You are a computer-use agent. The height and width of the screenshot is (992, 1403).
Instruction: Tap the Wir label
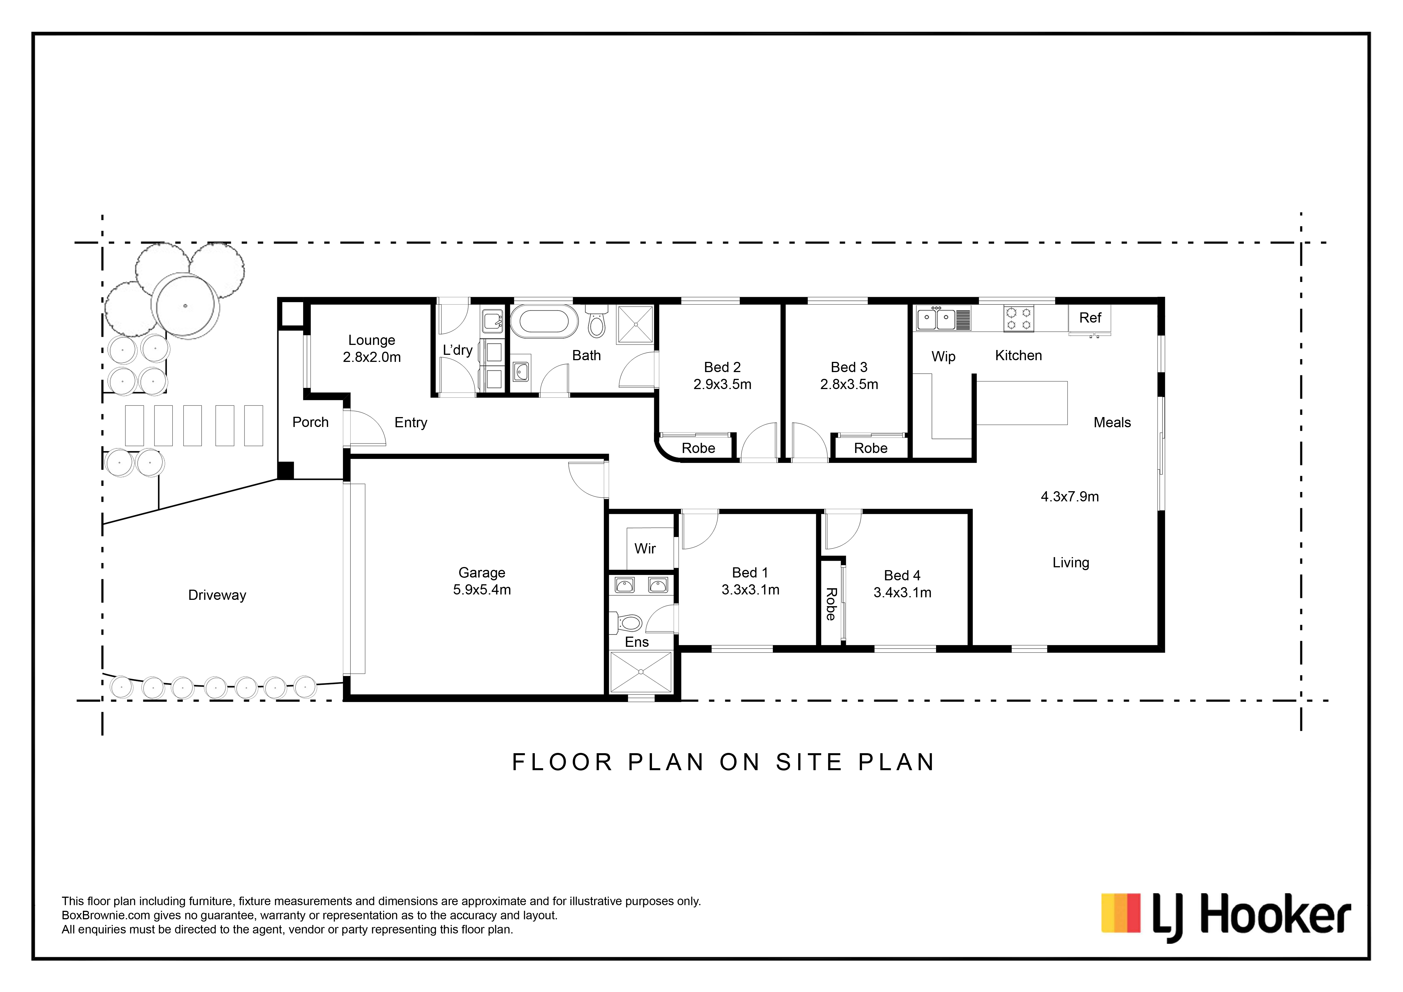(645, 549)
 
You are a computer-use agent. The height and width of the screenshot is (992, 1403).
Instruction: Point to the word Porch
(310, 422)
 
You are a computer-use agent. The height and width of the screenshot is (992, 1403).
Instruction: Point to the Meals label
(1112, 423)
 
